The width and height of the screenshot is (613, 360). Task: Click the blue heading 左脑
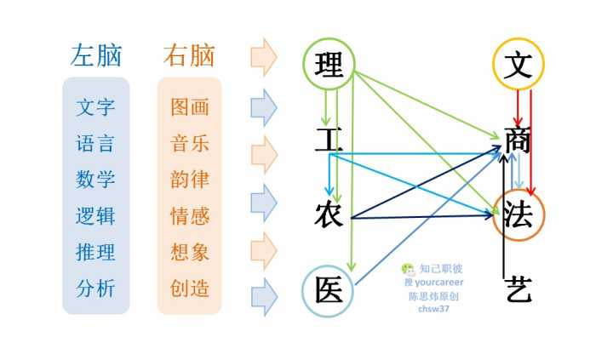pos(96,55)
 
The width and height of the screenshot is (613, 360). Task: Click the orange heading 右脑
pos(189,55)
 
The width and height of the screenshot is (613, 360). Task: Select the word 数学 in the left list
pos(95,180)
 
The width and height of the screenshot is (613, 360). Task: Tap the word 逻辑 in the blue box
pos(95,216)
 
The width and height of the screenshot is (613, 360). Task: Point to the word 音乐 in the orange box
pos(190,143)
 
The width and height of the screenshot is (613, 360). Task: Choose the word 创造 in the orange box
pos(190,288)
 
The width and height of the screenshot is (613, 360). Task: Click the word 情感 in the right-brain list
pos(190,216)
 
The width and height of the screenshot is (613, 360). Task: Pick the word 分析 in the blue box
pos(95,289)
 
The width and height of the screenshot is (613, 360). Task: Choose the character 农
pos(329,214)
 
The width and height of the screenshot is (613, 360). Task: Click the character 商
pos(518,140)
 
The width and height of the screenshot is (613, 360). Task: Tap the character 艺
pos(518,289)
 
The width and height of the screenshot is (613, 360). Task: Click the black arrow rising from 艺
pos(505,216)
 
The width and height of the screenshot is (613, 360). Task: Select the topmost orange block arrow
pos(264,57)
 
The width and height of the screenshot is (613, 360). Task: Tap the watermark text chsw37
pos(433,308)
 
